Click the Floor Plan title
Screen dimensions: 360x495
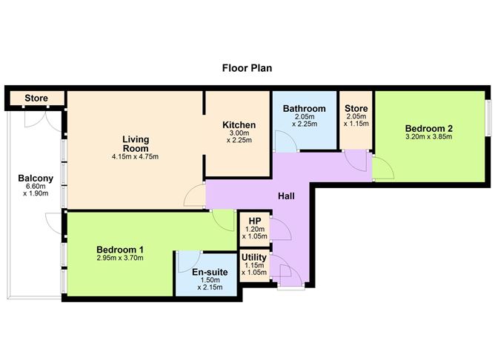[x=247, y=68]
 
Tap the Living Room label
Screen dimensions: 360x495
[x=136, y=143]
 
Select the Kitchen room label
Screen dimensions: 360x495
[x=239, y=125]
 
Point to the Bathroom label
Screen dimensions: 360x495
[x=304, y=109]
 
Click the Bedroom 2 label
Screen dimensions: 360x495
[x=429, y=127]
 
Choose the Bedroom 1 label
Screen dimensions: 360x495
[x=119, y=249]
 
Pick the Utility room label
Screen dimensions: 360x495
[x=254, y=258]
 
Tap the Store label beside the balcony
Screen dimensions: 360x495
[x=36, y=98]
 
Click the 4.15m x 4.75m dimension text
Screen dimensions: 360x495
[x=136, y=156]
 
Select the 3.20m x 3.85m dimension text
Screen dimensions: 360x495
[x=429, y=137]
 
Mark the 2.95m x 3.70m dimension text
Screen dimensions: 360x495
[x=119, y=259]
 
